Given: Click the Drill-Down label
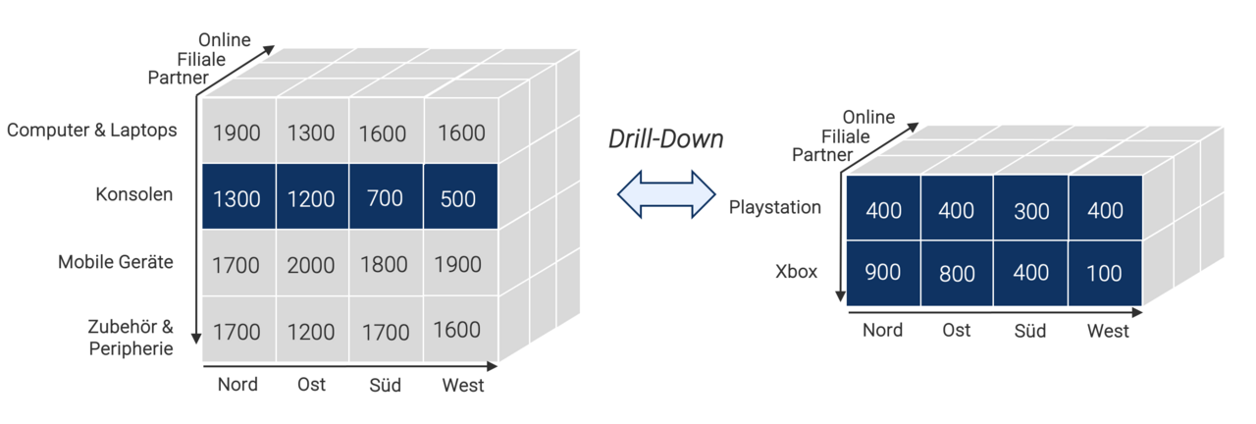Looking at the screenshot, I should [665, 139].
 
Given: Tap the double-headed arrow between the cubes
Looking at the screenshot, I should [667, 194].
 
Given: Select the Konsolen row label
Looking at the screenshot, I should [133, 194].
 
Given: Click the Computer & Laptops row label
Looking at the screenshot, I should [92, 130].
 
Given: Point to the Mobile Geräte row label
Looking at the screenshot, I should [116, 262].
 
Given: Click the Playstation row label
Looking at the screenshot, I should [775, 208].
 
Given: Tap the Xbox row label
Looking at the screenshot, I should [796, 272].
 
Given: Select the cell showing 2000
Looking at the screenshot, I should [311, 265].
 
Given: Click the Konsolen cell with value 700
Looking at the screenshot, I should [385, 199].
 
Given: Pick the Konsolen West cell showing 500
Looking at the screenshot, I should [458, 199].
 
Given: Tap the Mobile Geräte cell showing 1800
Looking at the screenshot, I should [385, 265].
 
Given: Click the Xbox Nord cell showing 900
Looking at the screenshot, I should [883, 273].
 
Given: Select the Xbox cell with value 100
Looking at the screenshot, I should [1105, 273].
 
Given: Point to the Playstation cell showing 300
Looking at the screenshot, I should [1030, 211].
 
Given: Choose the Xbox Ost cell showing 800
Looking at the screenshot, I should [957, 273].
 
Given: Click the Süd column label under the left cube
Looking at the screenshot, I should [385, 385].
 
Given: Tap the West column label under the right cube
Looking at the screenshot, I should [1108, 331].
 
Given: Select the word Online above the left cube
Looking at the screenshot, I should [225, 40].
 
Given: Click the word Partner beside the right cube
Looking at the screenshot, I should [822, 154].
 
